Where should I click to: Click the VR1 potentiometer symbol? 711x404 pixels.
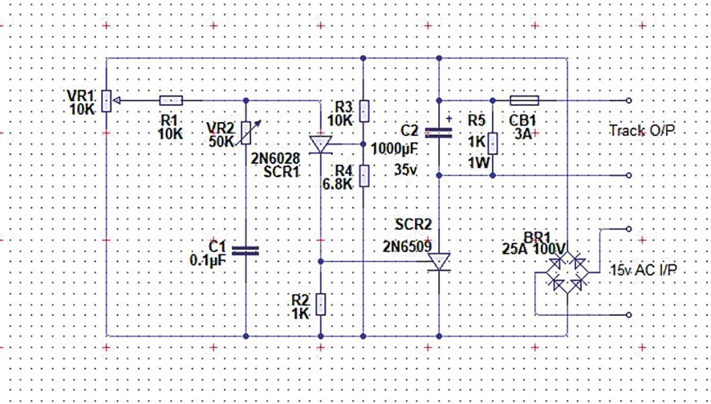[x=107, y=101]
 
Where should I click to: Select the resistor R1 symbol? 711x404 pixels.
[x=171, y=101]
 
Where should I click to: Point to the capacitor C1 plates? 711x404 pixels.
[x=246, y=250]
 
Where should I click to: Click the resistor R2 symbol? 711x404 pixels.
[x=321, y=304]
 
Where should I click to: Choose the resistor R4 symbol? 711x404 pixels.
[x=364, y=174]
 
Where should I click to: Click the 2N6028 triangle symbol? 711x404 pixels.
[x=321, y=145]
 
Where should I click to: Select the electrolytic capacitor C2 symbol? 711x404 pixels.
[x=439, y=131]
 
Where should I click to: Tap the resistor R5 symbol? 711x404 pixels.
[x=493, y=144]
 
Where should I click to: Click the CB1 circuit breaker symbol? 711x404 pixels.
[x=525, y=101]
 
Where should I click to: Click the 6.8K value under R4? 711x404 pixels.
[x=338, y=184]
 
